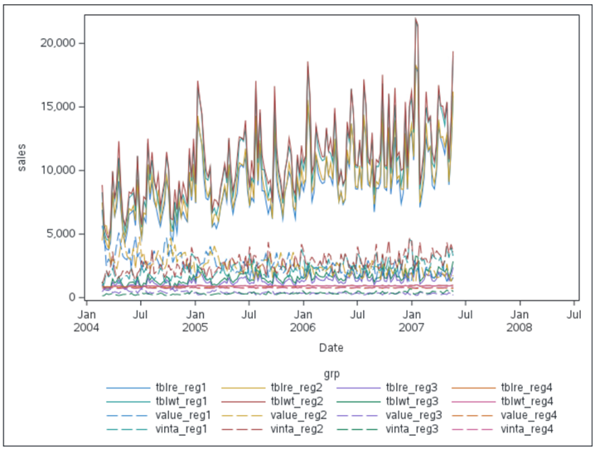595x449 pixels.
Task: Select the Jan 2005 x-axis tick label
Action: (195, 321)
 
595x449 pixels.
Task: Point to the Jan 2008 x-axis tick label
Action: (520, 321)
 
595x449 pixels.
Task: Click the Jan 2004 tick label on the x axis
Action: (86, 321)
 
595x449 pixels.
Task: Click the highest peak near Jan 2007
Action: (415, 19)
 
